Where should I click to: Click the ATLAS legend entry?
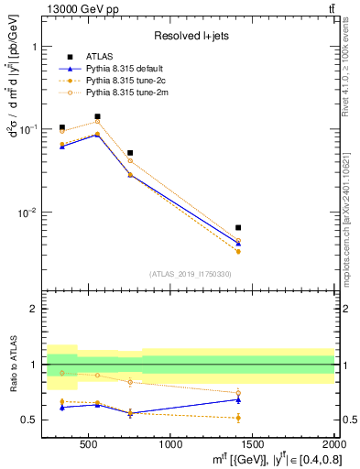pos(99,57)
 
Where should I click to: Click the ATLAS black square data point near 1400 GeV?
pos(238,227)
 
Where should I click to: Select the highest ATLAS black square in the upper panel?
pos(97,116)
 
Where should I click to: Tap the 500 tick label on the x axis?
pos(89,445)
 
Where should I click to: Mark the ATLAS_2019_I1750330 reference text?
pos(190,274)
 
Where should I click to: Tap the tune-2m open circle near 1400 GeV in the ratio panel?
pos(238,393)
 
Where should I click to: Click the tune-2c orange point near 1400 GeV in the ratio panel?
pos(238,418)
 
